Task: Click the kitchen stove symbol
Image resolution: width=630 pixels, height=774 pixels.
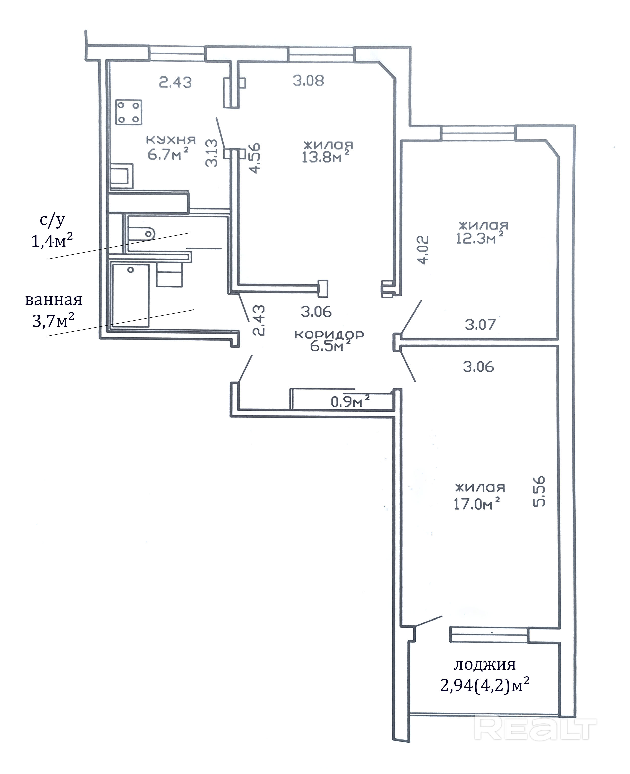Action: click(x=129, y=112)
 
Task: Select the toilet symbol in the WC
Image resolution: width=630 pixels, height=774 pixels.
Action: click(x=141, y=233)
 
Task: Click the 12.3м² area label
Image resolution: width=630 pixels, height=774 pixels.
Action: click(x=480, y=238)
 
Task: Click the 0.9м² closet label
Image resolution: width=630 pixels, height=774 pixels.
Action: click(x=350, y=401)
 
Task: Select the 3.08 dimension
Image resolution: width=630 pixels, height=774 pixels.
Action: click(x=308, y=81)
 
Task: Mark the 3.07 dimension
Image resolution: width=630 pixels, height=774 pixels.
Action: click(x=481, y=324)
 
